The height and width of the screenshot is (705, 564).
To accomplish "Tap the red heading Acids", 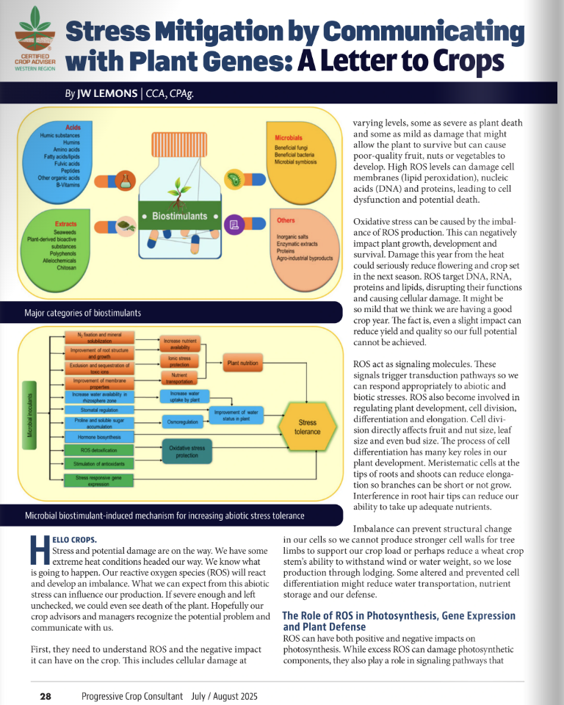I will point(73,128).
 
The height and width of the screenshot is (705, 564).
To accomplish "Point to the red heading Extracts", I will point(66,223).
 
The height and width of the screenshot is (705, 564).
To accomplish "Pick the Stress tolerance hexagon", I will point(307,427).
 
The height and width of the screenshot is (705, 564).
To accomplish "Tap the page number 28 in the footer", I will point(46,695).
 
